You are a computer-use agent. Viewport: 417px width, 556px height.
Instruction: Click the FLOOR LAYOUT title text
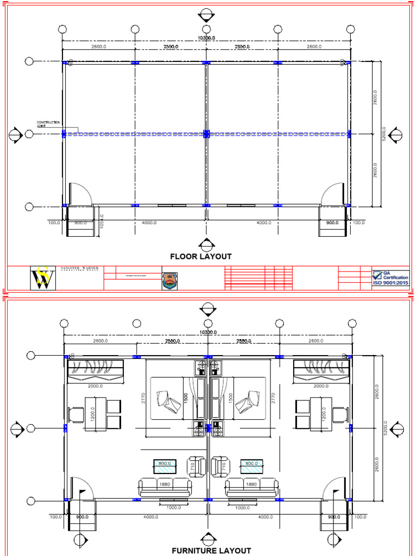pos(201,256)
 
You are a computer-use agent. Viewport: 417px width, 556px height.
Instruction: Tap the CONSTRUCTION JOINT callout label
pos(48,124)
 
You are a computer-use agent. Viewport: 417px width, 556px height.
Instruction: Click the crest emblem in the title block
pos(169,280)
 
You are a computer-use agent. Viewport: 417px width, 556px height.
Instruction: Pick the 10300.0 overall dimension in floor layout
pos(206,37)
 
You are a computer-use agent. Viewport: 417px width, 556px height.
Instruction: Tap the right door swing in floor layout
pos(332,194)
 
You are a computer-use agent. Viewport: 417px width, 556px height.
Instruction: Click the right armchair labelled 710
pos(220,466)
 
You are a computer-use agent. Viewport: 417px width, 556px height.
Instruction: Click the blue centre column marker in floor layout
pos(206,134)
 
